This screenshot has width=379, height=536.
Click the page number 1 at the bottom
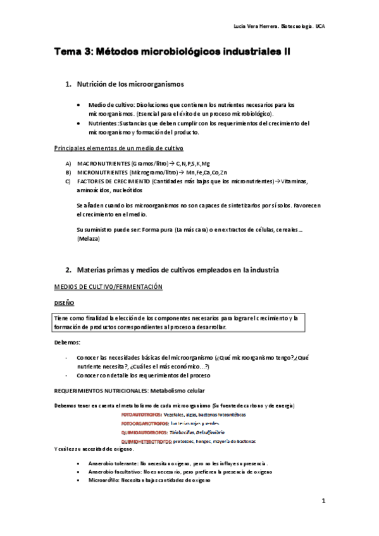tap(323, 502)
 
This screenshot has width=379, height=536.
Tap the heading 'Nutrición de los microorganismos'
tap(130, 84)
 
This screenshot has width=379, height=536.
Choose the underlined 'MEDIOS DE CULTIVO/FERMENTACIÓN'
tap(108, 287)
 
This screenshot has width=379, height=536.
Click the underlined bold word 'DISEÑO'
tap(65, 303)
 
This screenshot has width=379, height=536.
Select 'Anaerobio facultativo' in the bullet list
tap(116, 472)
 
